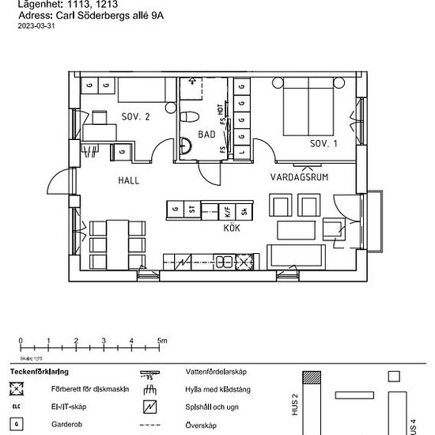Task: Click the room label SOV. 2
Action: [136, 117]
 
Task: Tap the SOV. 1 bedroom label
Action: [323, 143]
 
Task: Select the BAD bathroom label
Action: [206, 134]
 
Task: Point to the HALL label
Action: [129, 180]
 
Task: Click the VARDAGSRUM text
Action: [299, 176]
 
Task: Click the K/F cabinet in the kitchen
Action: [228, 210]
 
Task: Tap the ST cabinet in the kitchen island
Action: [192, 210]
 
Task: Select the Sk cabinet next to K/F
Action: [244, 210]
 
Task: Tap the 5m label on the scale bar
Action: [162, 341]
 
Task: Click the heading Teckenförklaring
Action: [39, 371]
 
